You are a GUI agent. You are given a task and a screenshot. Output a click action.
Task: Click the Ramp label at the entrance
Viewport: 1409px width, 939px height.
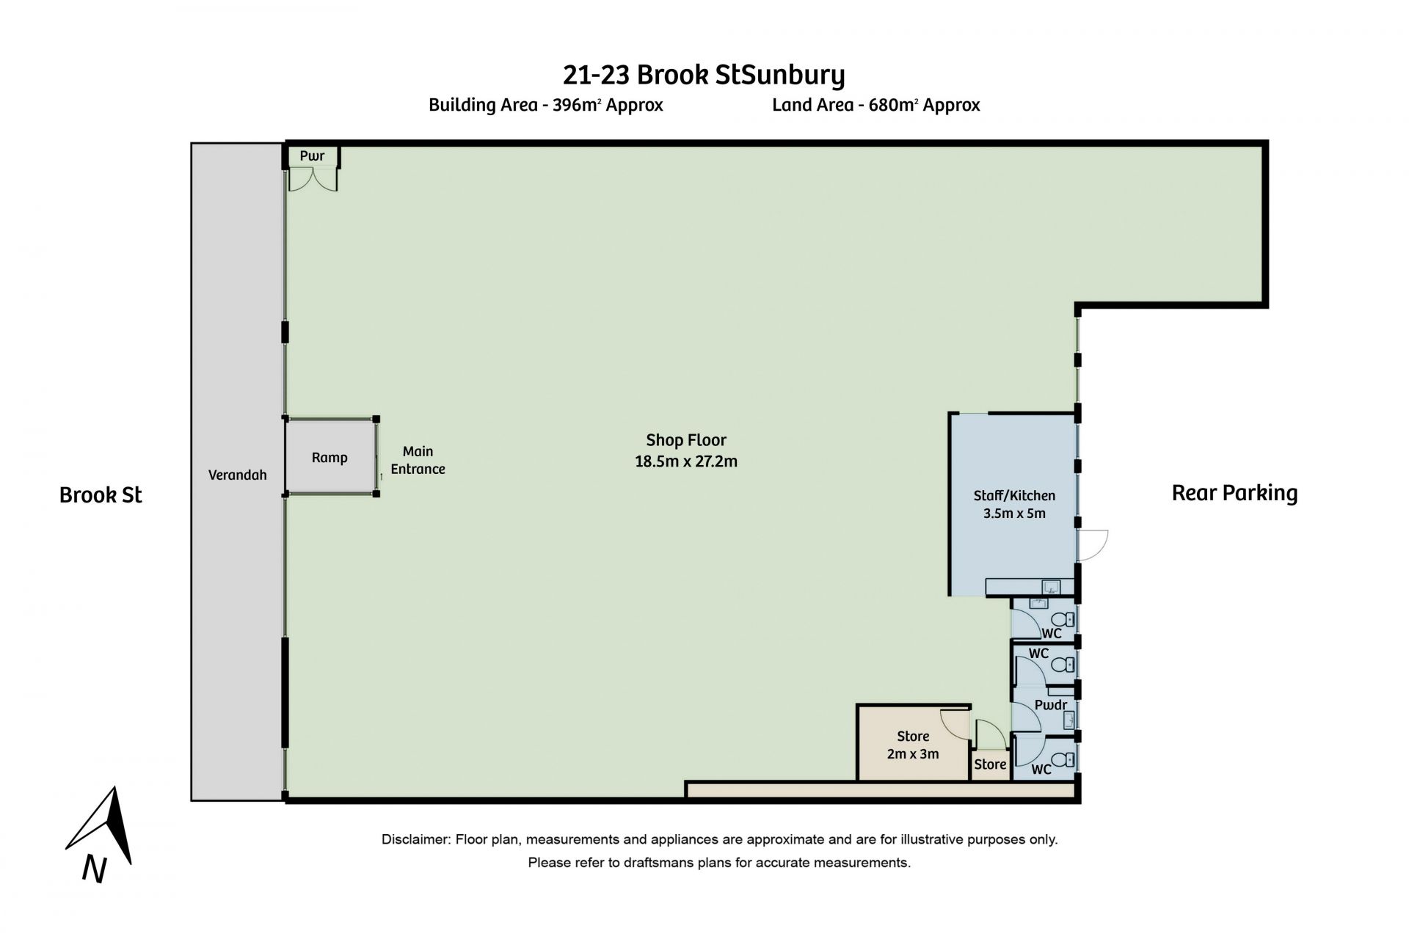point(330,458)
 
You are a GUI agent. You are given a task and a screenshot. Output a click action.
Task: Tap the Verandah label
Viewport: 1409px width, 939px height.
point(237,475)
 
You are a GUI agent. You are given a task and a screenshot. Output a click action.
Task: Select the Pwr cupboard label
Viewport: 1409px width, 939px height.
point(312,156)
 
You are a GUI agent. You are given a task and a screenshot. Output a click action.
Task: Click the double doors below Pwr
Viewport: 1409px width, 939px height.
point(313,179)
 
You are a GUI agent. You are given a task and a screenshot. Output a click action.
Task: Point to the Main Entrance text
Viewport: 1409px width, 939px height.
point(418,460)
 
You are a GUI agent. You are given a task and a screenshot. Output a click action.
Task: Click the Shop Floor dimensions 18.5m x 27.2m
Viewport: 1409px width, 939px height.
point(686,461)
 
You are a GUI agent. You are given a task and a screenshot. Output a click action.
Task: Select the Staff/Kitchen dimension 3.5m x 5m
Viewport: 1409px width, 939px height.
point(1014,514)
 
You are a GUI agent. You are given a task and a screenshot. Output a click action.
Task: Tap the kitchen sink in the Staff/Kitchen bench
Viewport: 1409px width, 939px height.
point(1051,586)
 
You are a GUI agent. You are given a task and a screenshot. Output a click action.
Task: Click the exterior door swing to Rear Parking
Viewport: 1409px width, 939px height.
point(1093,545)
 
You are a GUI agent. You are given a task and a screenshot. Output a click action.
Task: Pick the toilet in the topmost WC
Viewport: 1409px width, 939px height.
point(1068,619)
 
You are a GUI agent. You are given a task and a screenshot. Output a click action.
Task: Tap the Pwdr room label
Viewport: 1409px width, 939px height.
point(1050,705)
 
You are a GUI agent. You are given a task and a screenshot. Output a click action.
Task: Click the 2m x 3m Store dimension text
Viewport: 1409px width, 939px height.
point(913,753)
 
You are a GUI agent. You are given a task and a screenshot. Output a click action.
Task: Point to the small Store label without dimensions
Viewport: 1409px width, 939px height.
point(990,764)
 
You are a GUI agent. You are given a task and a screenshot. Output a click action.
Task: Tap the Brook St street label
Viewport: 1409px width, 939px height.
point(101,495)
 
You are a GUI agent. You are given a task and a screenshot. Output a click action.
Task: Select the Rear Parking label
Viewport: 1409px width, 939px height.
point(1234,493)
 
